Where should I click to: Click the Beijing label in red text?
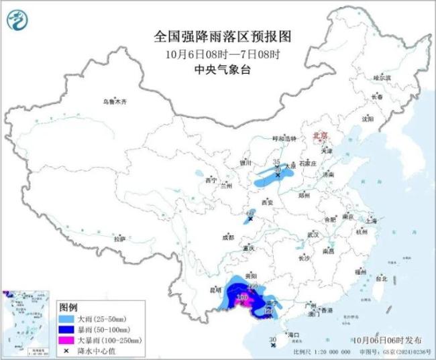click(x=321, y=136)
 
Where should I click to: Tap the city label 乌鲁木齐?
click(x=115, y=101)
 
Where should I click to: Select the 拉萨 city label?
click(x=119, y=239)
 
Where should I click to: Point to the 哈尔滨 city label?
click(x=382, y=78)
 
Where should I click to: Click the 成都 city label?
click(x=228, y=237)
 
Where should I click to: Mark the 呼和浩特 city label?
click(x=284, y=138)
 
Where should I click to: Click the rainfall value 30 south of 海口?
click(x=272, y=341)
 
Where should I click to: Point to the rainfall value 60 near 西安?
click(x=251, y=213)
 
